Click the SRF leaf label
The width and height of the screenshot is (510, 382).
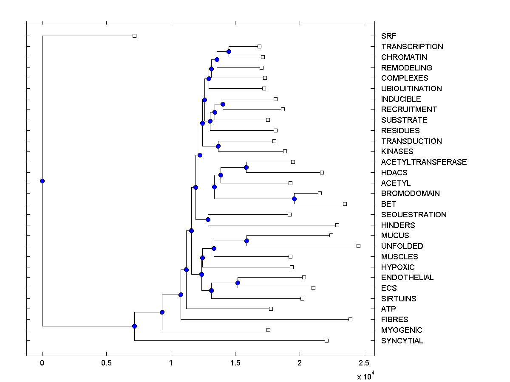(388, 36)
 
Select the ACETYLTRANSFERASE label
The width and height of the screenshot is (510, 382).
(424, 162)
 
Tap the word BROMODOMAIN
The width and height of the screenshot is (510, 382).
(410, 194)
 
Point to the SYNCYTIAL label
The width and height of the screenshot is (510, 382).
(402, 341)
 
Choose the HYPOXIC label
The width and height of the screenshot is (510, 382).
(397, 267)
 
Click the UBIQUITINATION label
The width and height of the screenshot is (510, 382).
(411, 89)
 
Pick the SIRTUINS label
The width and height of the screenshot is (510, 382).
(399, 299)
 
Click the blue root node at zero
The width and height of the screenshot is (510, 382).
(42, 181)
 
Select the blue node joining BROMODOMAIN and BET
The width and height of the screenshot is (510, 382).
(294, 199)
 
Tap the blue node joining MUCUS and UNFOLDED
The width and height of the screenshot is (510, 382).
(246, 241)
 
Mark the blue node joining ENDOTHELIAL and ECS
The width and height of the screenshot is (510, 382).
(238, 283)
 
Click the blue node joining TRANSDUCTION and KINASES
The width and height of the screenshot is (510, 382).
(218, 146)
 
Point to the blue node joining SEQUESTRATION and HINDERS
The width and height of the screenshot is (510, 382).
(208, 219)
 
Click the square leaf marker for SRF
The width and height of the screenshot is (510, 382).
(134, 36)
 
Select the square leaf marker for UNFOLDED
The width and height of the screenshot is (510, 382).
(358, 246)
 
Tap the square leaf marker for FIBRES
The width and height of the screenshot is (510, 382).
(350, 319)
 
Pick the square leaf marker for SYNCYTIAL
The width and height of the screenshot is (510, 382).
(326, 340)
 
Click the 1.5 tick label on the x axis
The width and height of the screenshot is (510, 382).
(235, 363)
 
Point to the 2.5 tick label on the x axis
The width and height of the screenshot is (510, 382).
(364, 363)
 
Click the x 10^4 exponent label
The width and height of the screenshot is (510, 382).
(364, 376)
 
